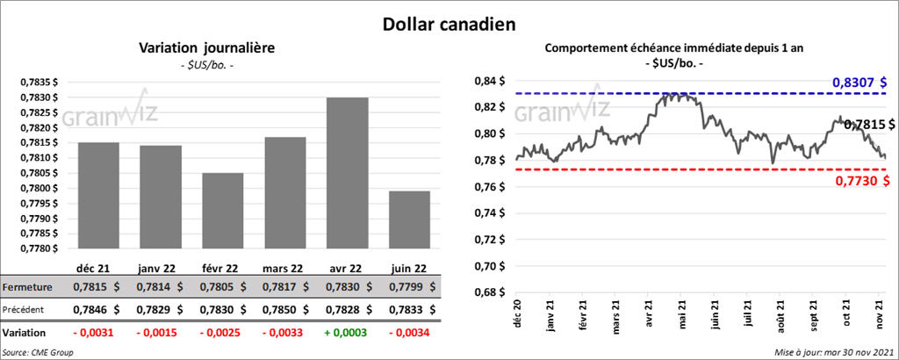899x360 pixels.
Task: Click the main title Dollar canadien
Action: point(449,24)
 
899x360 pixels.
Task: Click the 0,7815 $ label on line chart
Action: point(869,126)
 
